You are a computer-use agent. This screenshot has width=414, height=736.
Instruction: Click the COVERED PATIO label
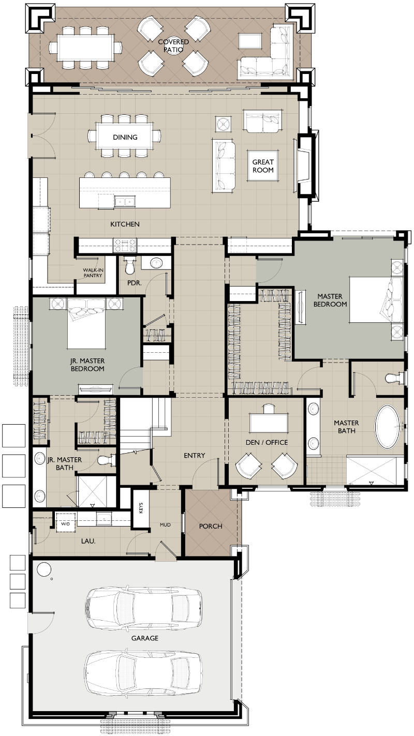[173, 46]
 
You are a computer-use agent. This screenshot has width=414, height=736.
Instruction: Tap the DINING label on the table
[125, 137]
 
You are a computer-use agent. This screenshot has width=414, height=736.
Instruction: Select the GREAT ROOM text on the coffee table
[263, 166]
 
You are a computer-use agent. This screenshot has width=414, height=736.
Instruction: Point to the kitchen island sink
[125, 201]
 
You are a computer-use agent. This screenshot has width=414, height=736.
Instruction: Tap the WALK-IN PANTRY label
[93, 273]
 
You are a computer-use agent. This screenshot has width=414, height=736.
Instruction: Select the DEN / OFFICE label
[267, 442]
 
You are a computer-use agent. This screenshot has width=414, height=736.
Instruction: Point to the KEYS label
[141, 508]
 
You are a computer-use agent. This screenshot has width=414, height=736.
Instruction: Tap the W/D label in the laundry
[65, 524]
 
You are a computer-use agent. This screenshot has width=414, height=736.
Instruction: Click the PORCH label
[211, 526]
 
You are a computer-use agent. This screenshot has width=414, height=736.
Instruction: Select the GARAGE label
[145, 638]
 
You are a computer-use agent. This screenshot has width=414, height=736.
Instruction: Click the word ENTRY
[195, 455]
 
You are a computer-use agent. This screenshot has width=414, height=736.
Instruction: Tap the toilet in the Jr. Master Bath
[107, 460]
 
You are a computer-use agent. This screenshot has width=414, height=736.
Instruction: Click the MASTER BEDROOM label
[330, 301]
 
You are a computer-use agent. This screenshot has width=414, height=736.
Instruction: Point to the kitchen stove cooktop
[125, 246]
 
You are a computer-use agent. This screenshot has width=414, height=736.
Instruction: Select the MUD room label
[165, 525]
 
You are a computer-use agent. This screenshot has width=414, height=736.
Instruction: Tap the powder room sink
[156, 263]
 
